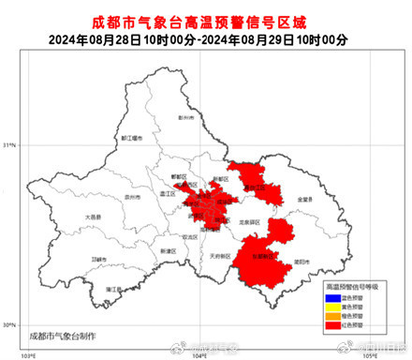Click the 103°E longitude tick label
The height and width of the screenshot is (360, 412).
tap(30, 355)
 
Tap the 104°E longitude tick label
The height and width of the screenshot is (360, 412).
tap(199, 355)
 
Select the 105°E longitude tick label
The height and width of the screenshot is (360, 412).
tap(369, 355)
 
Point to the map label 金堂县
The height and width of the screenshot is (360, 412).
tap(304, 199)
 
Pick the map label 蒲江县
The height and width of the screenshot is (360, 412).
tap(113, 289)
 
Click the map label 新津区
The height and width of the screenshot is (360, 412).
tap(168, 251)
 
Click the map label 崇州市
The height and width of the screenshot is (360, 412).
tap(133, 199)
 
